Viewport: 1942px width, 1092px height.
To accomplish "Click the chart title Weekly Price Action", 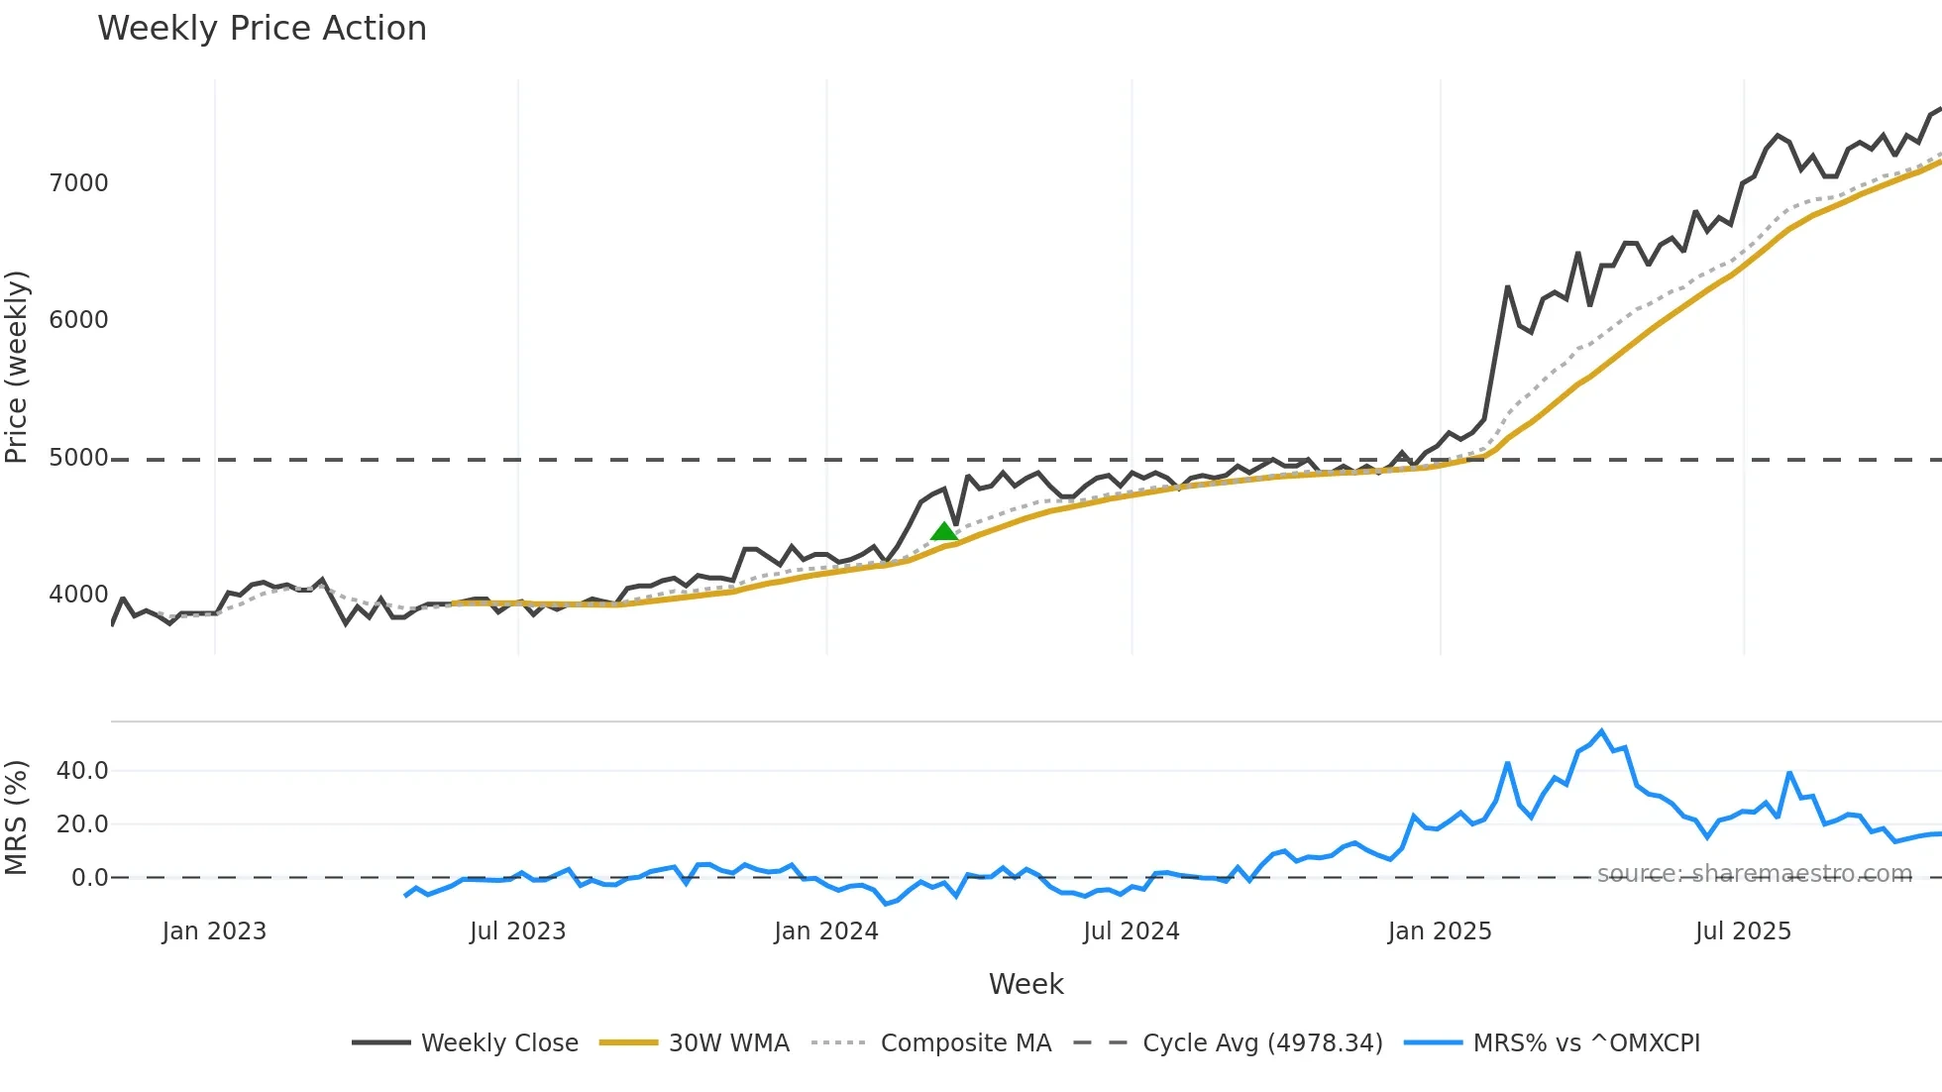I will (x=262, y=29).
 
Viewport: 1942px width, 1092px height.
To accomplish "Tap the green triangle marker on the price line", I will (x=944, y=532).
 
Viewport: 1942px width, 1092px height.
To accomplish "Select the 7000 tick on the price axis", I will (x=78, y=183).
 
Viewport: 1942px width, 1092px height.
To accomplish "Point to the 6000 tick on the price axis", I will (x=78, y=320).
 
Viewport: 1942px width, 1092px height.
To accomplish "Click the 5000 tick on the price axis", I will (x=78, y=458).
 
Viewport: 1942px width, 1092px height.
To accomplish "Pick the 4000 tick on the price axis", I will (x=78, y=595).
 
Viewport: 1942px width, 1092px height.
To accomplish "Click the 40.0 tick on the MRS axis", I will (x=82, y=771).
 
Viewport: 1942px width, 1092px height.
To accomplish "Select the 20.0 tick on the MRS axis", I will (x=82, y=824).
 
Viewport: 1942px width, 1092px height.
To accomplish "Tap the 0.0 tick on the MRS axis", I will (x=89, y=878).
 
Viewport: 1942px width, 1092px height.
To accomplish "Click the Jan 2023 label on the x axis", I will (x=214, y=931).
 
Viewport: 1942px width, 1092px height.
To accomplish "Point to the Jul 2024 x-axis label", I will (x=1131, y=931).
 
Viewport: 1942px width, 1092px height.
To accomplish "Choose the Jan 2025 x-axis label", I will (x=1439, y=931).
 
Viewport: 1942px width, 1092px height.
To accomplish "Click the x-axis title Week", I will (x=1025, y=984).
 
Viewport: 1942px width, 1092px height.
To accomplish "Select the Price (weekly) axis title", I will (x=17, y=367).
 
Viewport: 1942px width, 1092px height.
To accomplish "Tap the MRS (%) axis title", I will (x=17, y=818).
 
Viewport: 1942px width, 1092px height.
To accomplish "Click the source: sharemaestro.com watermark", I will (x=1754, y=874).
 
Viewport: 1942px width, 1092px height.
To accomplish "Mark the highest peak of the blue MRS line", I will (x=1601, y=732).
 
